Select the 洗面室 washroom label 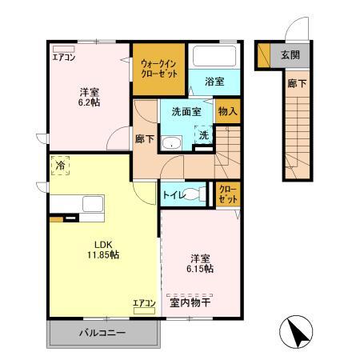186,111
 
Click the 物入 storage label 227,111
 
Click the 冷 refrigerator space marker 61,166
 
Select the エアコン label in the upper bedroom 64,57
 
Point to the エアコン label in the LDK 144,302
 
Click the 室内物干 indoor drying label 190,302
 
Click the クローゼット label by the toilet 227,194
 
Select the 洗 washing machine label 204,136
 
